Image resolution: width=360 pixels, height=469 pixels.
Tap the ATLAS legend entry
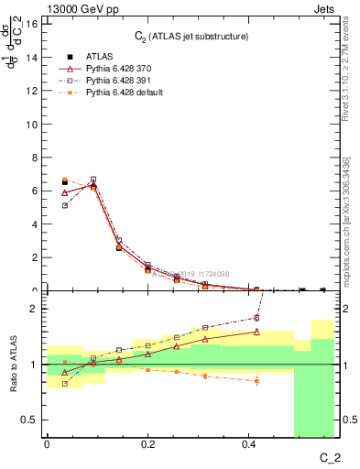pyautogui.click(x=97, y=56)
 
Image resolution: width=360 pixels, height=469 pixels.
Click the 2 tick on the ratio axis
pyautogui.click(x=33, y=309)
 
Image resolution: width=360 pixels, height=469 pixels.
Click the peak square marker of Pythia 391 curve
pyautogui.click(x=93, y=180)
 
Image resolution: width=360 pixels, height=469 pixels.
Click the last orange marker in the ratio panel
pyautogui.click(x=256, y=380)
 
